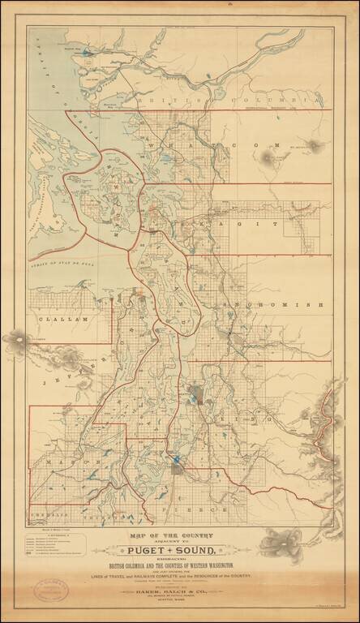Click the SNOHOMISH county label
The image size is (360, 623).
(276, 304)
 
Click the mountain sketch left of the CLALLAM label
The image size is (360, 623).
(16, 339)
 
